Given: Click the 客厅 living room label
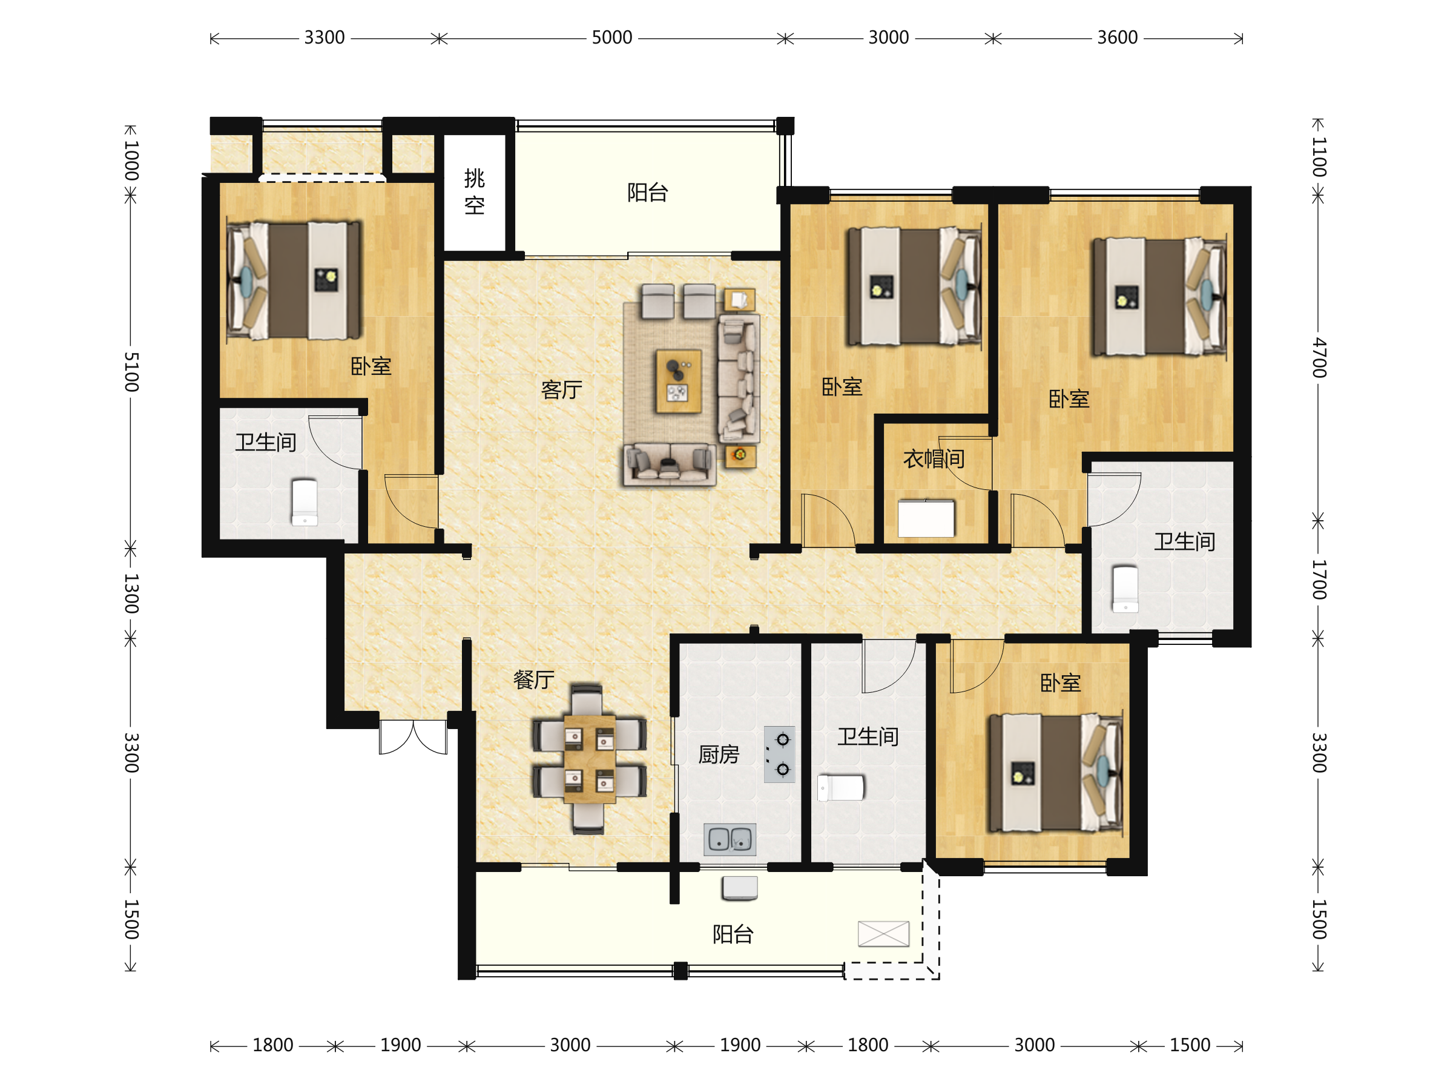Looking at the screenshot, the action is (x=562, y=389).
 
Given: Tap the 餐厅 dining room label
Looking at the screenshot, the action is (x=533, y=679).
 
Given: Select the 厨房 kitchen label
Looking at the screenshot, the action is (x=719, y=755).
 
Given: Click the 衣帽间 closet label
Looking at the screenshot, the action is (x=934, y=458).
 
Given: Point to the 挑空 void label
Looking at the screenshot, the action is (x=474, y=192).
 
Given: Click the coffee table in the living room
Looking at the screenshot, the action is (x=679, y=381).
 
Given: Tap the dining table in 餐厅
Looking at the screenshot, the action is (x=589, y=759).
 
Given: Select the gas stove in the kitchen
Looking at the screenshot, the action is (x=780, y=755).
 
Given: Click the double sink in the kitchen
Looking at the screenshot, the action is (x=730, y=839).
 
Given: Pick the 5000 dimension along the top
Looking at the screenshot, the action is (x=611, y=38).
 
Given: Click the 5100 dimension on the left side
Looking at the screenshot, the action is (x=131, y=372).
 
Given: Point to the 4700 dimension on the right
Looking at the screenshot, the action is (x=1319, y=358).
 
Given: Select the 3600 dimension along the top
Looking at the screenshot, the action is (x=1118, y=38).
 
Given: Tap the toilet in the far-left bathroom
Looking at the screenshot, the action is (x=305, y=503).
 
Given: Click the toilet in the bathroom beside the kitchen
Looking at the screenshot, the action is (x=841, y=788).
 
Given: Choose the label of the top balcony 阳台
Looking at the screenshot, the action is (x=648, y=193).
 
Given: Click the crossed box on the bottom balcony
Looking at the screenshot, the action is (x=883, y=934).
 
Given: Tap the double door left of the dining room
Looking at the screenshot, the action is (x=413, y=736).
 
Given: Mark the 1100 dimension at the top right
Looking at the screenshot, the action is (x=1319, y=157).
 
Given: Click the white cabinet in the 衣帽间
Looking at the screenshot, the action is (x=926, y=518).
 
